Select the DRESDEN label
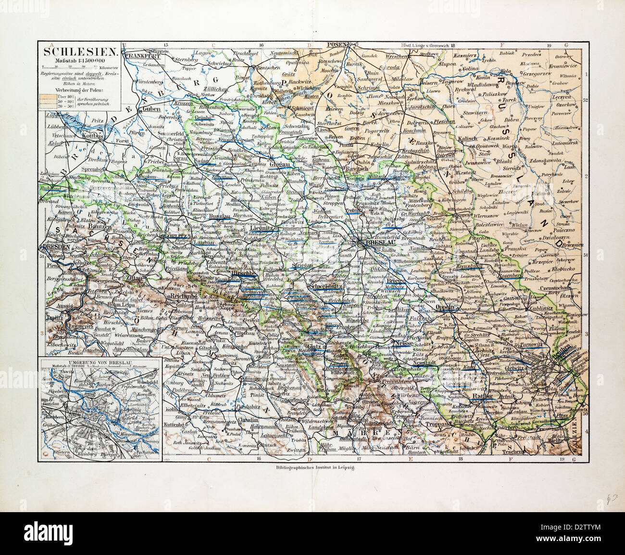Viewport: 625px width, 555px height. [57, 246]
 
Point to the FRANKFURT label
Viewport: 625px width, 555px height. [141, 55]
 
